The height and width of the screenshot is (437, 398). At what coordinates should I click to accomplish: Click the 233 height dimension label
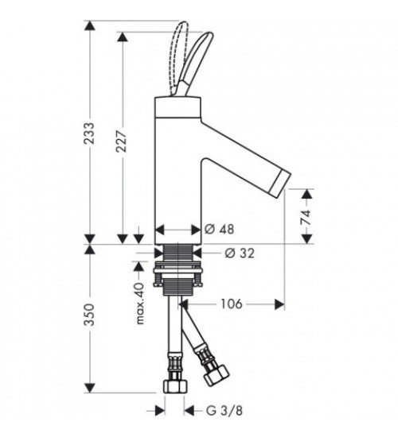90,133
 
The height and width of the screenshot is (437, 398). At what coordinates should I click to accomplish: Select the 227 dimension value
122,141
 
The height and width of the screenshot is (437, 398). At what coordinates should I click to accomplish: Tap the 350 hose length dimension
90,315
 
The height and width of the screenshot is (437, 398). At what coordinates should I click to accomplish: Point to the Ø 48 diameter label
219,229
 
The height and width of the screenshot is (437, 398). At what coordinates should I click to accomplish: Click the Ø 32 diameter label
240,253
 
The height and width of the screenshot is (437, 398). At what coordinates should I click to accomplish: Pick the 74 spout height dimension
306,217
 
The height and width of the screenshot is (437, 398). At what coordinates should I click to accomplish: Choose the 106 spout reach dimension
232,304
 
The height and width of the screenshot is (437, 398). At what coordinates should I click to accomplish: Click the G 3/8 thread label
224,411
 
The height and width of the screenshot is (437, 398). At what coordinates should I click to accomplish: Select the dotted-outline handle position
179,56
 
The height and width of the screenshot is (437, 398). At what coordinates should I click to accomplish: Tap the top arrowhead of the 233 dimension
90,25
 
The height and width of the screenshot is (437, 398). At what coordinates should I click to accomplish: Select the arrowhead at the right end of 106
279,304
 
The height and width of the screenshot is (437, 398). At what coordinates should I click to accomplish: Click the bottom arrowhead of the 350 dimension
90,388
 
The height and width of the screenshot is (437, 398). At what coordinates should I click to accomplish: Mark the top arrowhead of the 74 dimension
307,194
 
